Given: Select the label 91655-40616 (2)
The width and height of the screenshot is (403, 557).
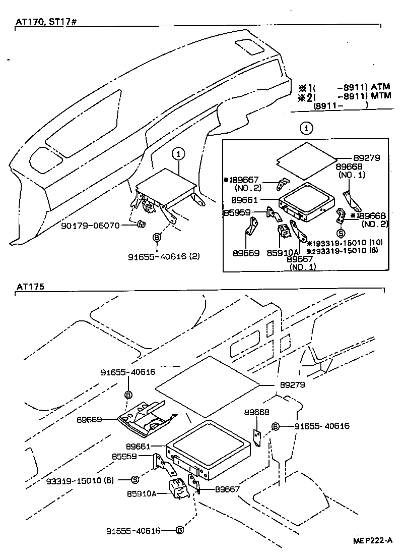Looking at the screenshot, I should pos(163,256).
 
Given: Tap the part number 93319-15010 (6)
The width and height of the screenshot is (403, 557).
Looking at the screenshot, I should pos(78,480).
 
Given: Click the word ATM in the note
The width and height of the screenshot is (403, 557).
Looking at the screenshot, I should pos(381,87).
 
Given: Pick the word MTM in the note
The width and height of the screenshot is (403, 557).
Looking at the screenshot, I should pos(381,96).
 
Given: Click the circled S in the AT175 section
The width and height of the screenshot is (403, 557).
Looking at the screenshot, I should pos(135,480).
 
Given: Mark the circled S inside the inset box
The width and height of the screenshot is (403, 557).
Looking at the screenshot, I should pos(341,233).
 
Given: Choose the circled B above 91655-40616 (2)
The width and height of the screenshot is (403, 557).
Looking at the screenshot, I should pos(157,237).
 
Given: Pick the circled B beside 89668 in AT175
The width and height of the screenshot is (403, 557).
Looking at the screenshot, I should pos(276,427).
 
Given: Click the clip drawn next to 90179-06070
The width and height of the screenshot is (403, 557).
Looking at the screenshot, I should pos(141,225).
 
